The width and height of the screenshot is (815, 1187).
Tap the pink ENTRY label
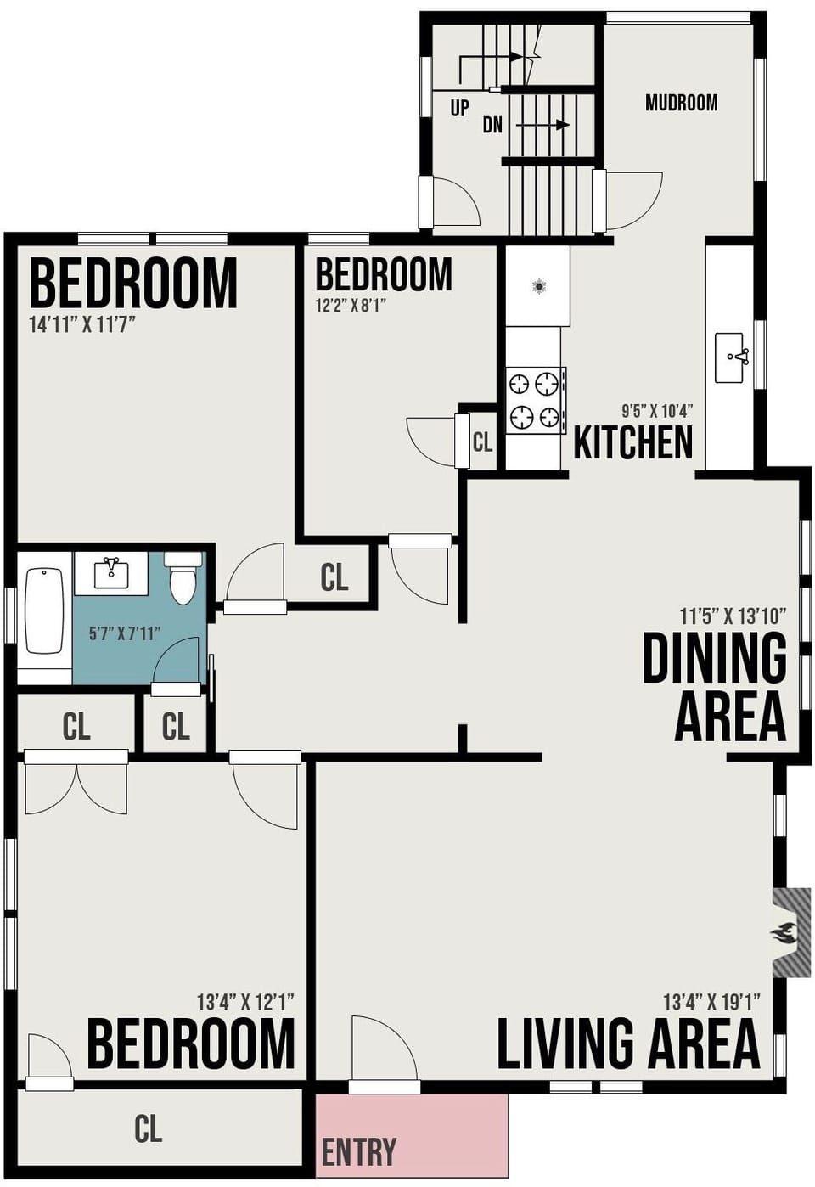tap(358, 1152)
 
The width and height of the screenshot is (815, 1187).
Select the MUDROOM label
tap(681, 103)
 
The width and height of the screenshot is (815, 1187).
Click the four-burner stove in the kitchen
tap(536, 400)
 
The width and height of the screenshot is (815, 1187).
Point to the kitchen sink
tap(731, 357)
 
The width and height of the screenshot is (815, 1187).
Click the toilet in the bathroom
tap(183, 577)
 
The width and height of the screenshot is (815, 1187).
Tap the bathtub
tap(45, 610)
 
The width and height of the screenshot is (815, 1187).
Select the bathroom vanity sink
tap(111, 572)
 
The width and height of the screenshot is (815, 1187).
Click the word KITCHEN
tap(632, 442)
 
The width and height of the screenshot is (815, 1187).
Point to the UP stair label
tap(459, 108)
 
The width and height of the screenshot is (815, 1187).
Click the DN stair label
tap(492, 125)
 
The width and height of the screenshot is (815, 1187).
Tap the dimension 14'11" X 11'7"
tap(82, 324)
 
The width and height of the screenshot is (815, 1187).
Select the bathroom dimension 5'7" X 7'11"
tap(125, 633)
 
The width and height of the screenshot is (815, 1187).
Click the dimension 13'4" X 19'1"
tap(711, 1002)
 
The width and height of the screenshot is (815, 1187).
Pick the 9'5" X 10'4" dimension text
tap(657, 411)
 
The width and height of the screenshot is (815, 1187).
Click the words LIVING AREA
tap(627, 1044)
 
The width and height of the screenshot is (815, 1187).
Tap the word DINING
tap(714, 658)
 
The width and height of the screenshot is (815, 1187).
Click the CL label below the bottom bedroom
tap(148, 1128)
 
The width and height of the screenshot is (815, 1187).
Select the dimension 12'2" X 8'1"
tap(351, 305)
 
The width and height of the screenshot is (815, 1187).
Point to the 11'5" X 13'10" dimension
tap(733, 615)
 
